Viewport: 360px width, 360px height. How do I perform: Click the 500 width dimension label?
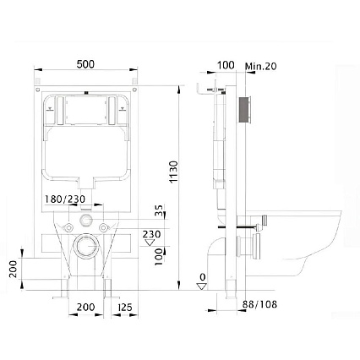(x=85, y=63)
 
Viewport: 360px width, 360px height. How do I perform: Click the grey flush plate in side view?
(x=244, y=111)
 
